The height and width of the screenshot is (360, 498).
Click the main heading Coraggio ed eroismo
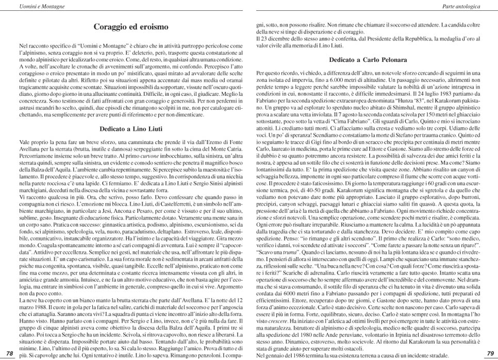pos(131,27)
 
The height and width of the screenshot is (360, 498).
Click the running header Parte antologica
pos(461,6)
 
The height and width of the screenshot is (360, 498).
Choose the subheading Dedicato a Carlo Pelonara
pos(368,60)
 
